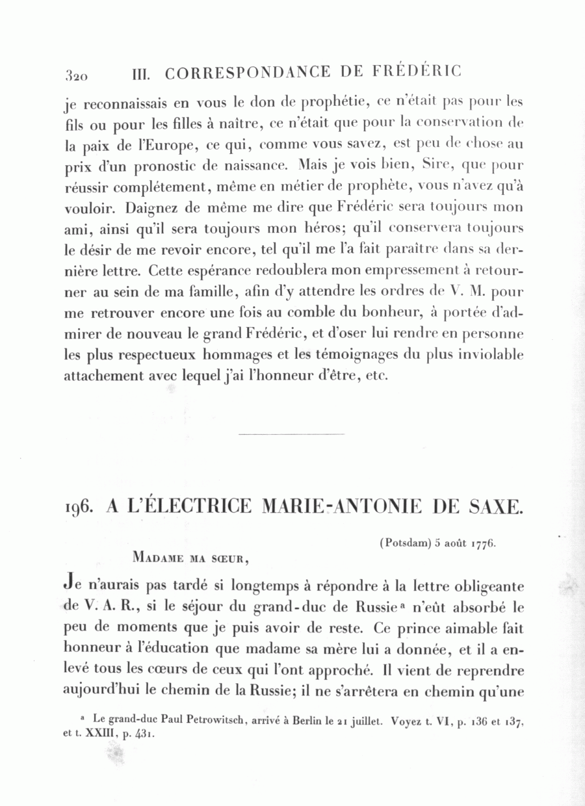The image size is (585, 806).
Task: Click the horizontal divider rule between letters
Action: click(291, 434)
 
